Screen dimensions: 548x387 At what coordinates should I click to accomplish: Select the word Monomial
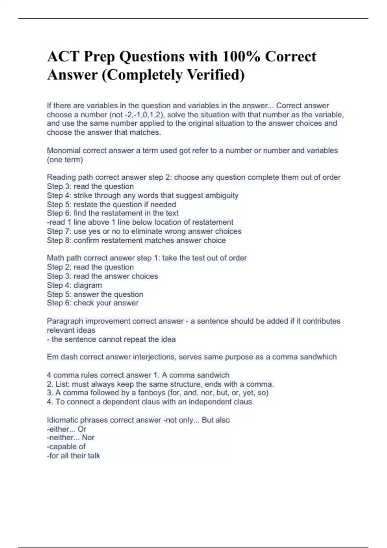point(63,151)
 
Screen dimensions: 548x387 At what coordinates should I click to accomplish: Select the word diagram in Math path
point(87,285)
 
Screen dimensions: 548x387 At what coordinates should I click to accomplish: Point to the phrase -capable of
point(66,447)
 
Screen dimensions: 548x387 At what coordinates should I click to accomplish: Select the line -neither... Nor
point(71,438)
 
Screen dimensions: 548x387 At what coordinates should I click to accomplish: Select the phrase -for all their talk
point(74,456)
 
